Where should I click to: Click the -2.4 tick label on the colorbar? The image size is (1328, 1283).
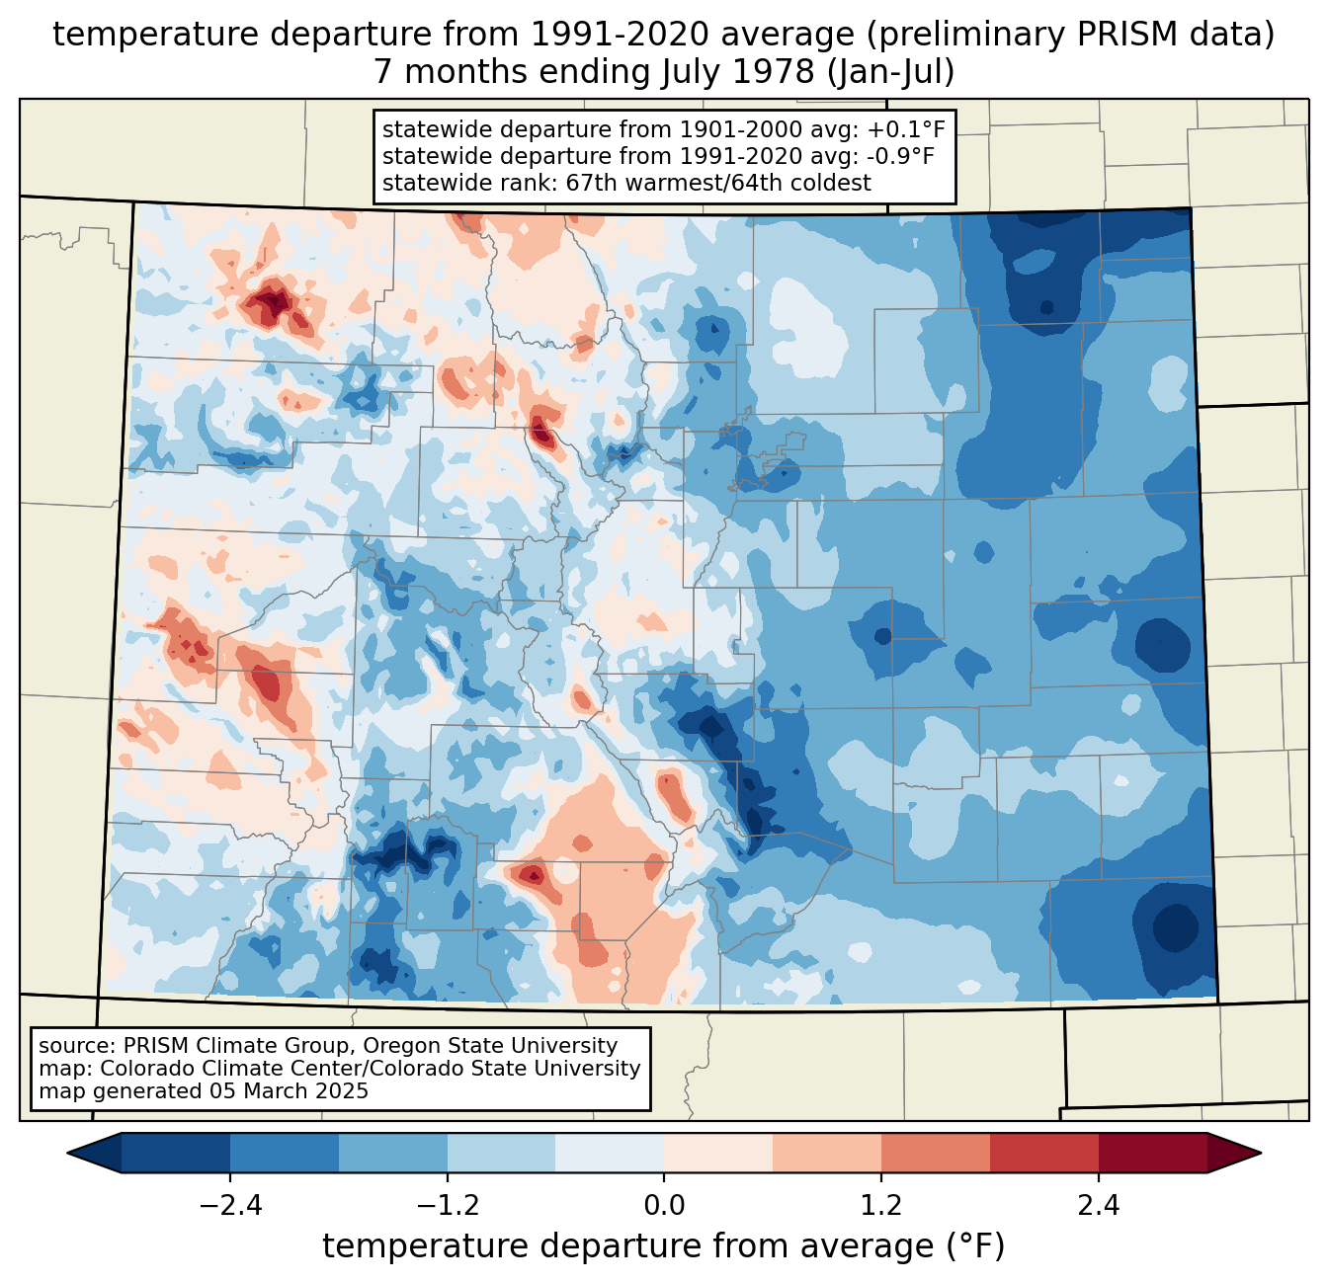pos(229,1206)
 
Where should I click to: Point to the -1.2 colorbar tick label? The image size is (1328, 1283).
pos(447,1206)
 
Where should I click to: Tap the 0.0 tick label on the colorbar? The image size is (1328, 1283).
pos(664,1206)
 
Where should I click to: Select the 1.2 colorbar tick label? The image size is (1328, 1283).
pos(881,1206)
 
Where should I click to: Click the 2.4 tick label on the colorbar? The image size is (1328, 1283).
pos(1098,1206)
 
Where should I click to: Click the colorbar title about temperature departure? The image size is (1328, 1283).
pos(663,1246)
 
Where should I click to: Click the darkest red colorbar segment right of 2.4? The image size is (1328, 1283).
pos(1152,1153)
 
